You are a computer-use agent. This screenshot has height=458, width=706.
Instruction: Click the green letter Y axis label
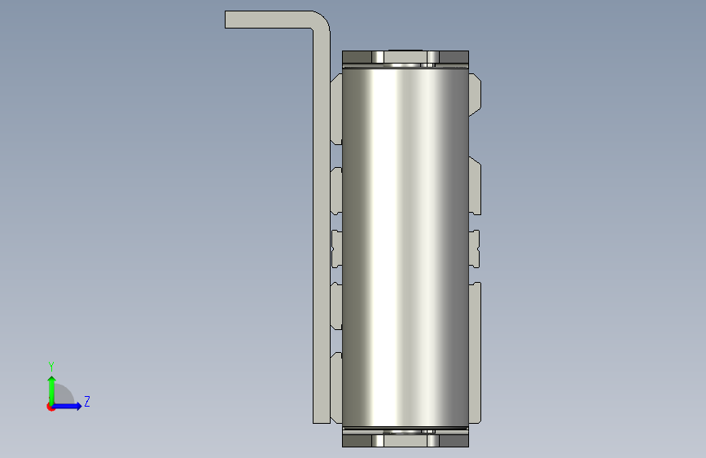pyautogui.click(x=51, y=366)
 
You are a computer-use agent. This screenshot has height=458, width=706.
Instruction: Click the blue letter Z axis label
pyautogui.click(x=87, y=401)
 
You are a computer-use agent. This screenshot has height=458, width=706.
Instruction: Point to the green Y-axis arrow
pyautogui.click(x=52, y=390)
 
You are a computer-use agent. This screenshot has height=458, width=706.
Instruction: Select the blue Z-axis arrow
pyautogui.click(x=67, y=406)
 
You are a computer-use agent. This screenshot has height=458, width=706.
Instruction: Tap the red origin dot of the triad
pyautogui.click(x=50, y=407)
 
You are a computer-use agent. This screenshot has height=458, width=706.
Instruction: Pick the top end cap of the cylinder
pyautogui.click(x=406, y=59)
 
